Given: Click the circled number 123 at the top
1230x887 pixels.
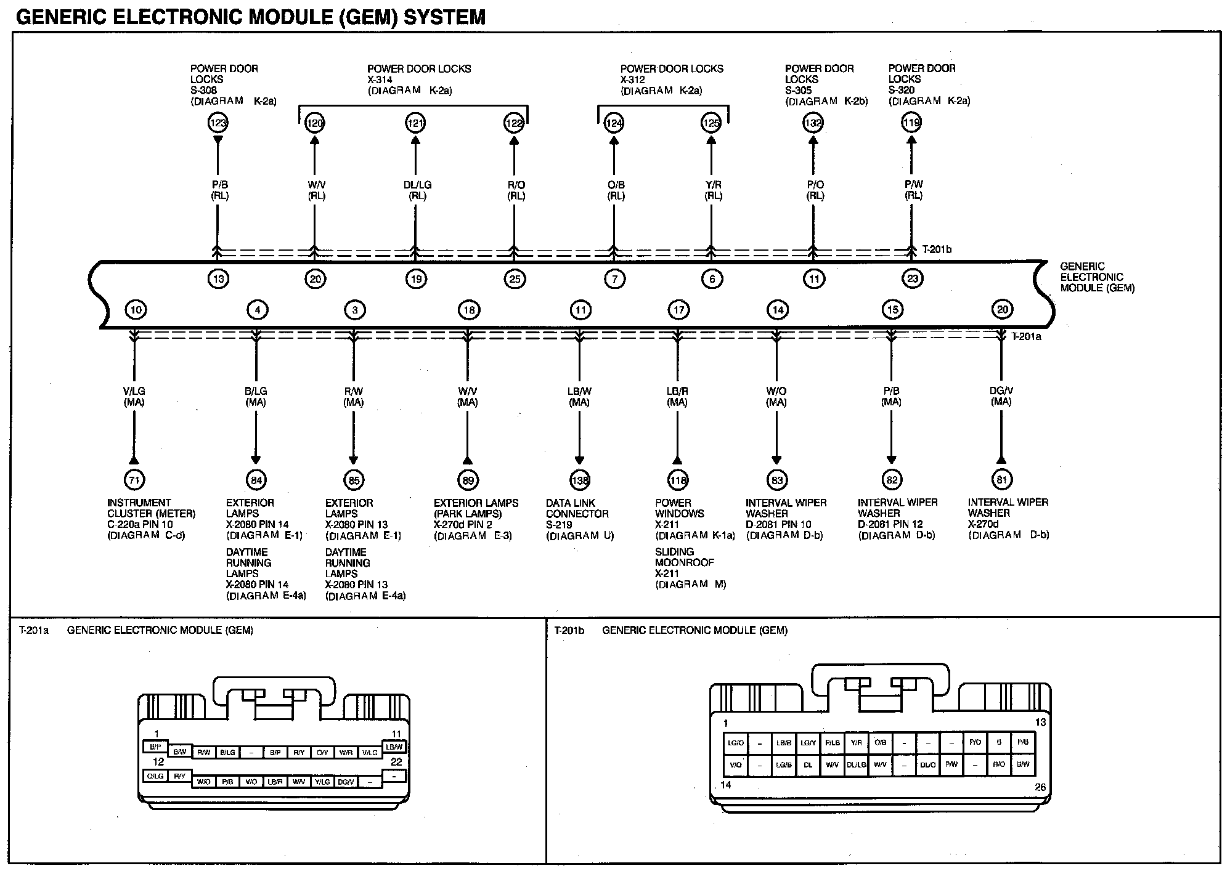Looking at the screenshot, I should click(218, 123).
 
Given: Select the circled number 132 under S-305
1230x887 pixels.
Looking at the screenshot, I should click(813, 123).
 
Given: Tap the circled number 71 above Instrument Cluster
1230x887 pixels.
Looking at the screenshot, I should click(134, 480).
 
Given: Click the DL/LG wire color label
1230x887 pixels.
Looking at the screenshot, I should click(417, 185).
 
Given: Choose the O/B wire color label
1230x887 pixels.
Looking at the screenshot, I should click(615, 185).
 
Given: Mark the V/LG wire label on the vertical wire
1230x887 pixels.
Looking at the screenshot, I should click(134, 391).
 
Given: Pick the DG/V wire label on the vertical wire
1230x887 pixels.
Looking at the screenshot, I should click(1001, 391).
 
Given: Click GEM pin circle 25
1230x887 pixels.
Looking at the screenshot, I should click(515, 279).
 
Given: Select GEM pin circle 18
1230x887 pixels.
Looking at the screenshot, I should click(468, 310).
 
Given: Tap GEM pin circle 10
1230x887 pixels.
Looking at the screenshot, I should click(136, 310).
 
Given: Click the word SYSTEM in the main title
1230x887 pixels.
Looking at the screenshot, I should click(444, 17).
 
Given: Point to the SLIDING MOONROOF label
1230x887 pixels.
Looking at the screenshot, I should click(684, 557).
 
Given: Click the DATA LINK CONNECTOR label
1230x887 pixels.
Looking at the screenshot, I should click(577, 508).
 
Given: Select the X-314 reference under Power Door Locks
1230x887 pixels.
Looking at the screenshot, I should click(380, 79).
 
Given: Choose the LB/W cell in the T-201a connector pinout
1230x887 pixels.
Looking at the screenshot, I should click(394, 747).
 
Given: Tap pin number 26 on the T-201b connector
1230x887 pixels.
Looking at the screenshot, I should click(1040, 787).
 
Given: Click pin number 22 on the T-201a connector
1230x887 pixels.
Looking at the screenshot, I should click(396, 762).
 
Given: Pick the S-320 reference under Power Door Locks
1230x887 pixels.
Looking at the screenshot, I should click(902, 90).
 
